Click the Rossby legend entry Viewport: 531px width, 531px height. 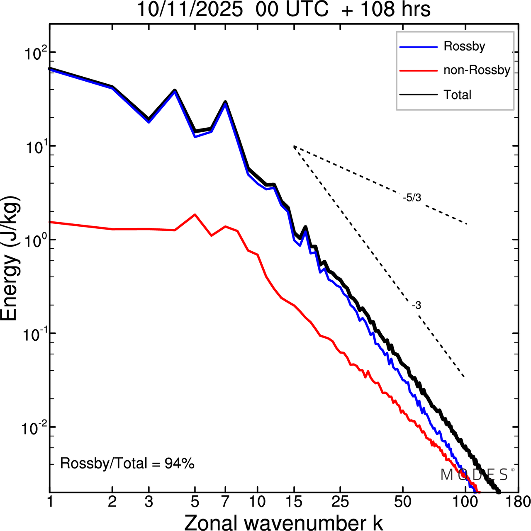(x=464, y=46)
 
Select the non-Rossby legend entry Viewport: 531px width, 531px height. (x=476, y=70)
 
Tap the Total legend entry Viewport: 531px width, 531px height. (x=457, y=95)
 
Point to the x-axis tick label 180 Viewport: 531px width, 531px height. (x=521, y=502)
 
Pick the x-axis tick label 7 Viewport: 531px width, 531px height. (x=225, y=502)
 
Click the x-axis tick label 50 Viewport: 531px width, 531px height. (x=402, y=502)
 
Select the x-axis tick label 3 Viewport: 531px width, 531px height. (x=149, y=502)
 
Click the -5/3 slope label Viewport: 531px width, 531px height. (x=412, y=198)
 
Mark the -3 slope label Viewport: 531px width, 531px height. (x=417, y=306)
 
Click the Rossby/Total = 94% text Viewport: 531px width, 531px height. (x=127, y=463)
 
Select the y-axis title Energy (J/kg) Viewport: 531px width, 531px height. (x=11, y=258)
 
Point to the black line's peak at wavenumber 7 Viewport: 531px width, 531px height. (x=225, y=102)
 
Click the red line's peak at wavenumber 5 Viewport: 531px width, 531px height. (x=195, y=215)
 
